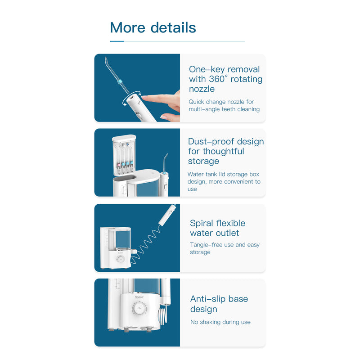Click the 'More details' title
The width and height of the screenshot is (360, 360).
(x=153, y=27)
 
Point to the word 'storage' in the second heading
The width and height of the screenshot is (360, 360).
(x=203, y=161)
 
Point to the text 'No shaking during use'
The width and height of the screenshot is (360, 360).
(x=220, y=322)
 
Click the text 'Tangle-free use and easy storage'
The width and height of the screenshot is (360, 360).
(x=225, y=248)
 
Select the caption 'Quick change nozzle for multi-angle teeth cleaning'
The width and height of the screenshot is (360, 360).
(x=224, y=105)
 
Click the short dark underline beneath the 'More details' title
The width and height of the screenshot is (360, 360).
(x=117, y=41)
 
